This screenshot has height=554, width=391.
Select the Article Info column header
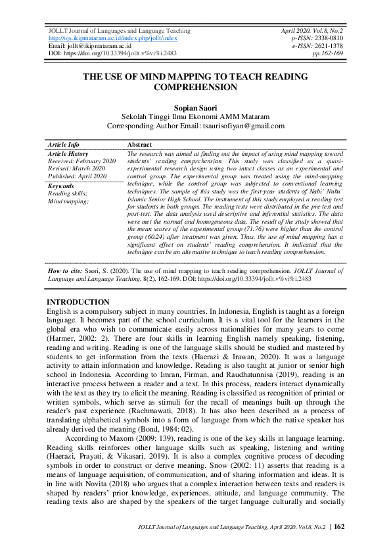(64, 145)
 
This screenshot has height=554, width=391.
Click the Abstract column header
(139, 145)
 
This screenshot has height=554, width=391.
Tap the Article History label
(68, 153)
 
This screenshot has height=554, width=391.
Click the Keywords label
(61, 186)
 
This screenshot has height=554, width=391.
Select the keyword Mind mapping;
(69, 201)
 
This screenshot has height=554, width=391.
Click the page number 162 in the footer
(339, 527)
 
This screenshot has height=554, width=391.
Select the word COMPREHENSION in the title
(195, 87)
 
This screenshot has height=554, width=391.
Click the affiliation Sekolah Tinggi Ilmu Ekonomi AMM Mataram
(195, 116)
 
